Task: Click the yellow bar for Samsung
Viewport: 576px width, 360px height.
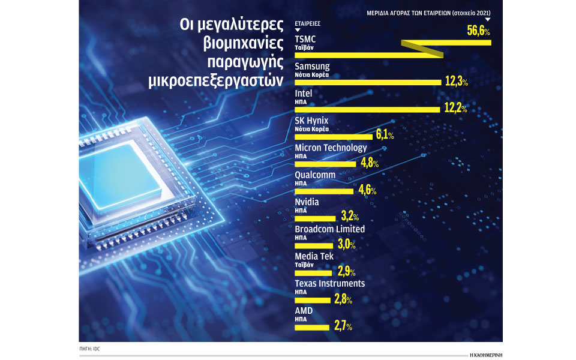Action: tap(367, 82)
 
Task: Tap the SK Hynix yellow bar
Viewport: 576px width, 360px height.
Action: tap(334, 137)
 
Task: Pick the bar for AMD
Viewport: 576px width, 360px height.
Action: tap(312, 327)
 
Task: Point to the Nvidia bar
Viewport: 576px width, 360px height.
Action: tap(315, 218)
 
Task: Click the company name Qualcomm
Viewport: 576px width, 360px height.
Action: tap(315, 175)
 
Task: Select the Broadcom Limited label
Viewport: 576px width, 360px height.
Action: tap(329, 229)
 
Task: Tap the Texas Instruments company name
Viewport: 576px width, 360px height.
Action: tap(329, 283)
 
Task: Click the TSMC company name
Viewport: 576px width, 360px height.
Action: tap(305, 40)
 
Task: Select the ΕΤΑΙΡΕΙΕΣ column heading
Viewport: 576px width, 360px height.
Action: tap(308, 23)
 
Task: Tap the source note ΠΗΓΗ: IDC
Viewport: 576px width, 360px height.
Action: tap(89, 349)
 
